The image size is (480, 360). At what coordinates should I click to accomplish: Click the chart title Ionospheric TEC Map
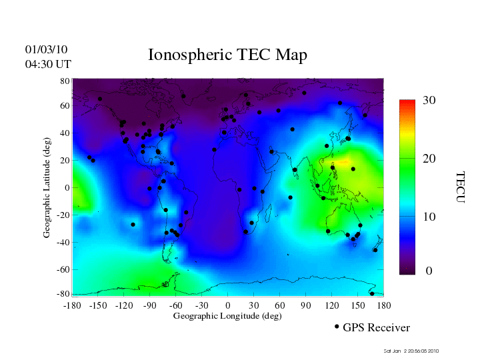[227, 55]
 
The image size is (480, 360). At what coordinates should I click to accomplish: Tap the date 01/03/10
[47, 49]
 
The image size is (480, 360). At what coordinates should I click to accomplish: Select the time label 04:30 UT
[48, 64]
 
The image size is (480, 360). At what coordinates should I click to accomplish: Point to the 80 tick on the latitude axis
[65, 80]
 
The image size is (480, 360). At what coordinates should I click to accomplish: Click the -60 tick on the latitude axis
[63, 270]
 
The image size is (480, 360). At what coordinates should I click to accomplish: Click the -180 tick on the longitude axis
[72, 305]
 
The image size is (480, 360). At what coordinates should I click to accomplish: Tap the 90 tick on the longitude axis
[305, 305]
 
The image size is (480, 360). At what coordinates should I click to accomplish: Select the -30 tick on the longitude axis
[201, 305]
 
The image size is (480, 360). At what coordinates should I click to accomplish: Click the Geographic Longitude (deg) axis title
[227, 316]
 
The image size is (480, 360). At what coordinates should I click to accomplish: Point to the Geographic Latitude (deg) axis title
[47, 192]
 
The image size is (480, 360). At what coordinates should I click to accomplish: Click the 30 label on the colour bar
[429, 101]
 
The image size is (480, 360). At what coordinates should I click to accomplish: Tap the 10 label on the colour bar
[429, 217]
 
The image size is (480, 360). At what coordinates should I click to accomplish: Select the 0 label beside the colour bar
[429, 271]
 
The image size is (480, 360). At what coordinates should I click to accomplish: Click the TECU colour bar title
[459, 187]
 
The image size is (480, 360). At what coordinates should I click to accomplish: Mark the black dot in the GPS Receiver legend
[337, 327]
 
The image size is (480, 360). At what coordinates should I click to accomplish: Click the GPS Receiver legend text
[376, 328]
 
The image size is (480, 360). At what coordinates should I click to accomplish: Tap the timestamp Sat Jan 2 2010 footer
[411, 351]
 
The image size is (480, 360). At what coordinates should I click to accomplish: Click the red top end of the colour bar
[407, 103]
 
